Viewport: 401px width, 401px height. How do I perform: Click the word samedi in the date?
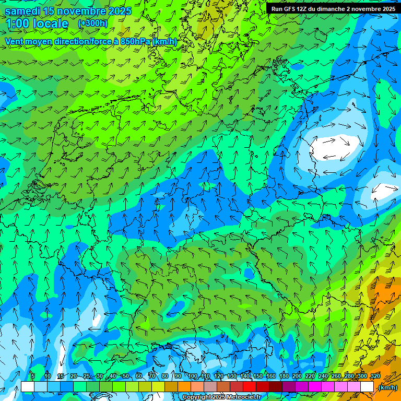tap(23, 11)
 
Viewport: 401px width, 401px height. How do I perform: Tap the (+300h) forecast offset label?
tap(92, 23)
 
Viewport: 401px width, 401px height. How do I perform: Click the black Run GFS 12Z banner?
tap(333, 8)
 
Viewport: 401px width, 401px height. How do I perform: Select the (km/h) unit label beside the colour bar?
tap(387, 387)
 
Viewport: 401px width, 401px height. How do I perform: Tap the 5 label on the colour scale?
tap(32, 376)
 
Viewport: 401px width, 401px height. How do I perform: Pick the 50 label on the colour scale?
tap(125, 376)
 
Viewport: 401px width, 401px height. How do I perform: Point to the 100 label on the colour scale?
tap(193, 376)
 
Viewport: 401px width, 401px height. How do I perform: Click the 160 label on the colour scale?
tap(271, 376)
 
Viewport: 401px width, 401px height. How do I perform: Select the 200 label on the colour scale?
tap(297, 376)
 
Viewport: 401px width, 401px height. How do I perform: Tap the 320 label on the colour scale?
tap(375, 376)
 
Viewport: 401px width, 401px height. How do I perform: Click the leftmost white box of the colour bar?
tap(28, 387)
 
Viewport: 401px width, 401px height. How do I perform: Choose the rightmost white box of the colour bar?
tap(367, 387)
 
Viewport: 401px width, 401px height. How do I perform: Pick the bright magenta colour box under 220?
tap(315, 387)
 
